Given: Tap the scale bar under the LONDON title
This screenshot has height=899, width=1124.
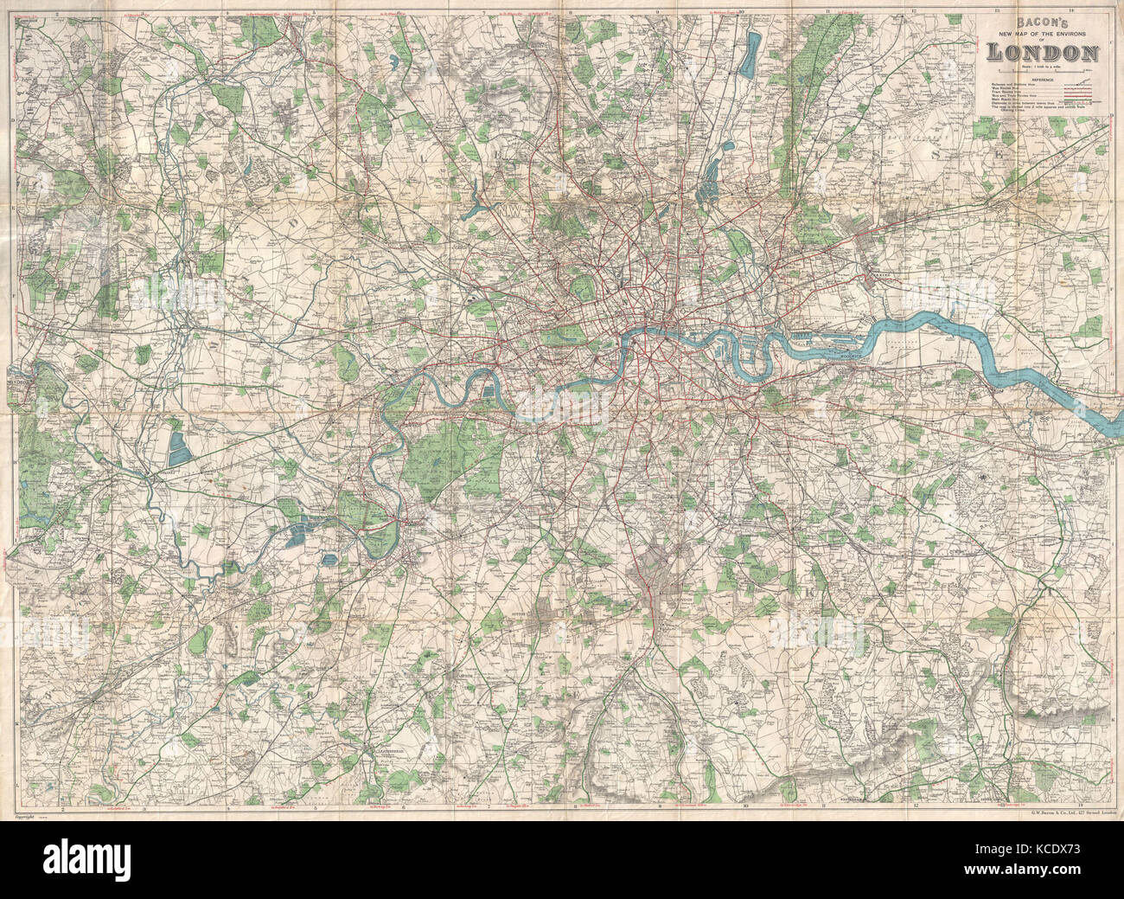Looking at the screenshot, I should pos(1042,68).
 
